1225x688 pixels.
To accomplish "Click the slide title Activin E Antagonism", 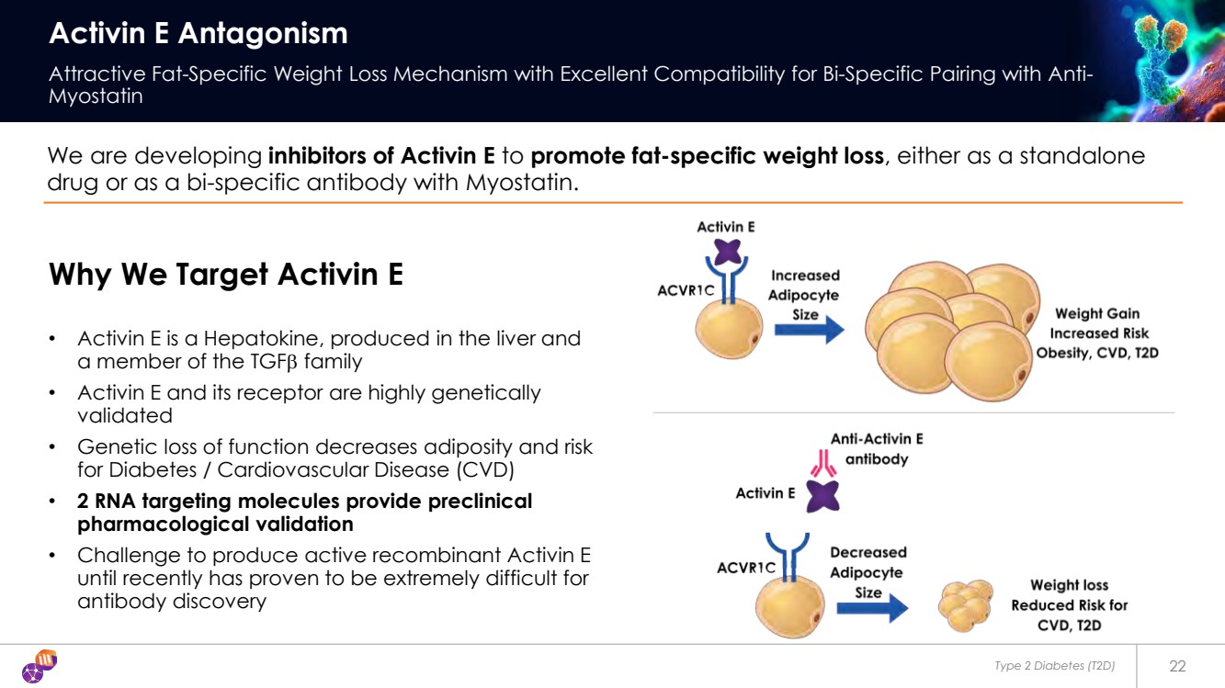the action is coord(198,33).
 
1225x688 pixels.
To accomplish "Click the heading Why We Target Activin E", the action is coord(226,274).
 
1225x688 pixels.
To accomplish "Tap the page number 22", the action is coord(1177,666).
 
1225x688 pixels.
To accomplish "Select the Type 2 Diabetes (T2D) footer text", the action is coord(1054,666).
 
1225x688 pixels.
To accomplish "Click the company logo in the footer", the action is coord(40,666).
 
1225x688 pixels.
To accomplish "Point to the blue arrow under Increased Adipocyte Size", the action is coord(810,330).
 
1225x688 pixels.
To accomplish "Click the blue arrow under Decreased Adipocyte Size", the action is coord(872,608).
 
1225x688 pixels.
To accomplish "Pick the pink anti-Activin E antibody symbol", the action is coord(823,463).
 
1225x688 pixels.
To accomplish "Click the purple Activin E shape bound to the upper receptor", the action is coord(728,252).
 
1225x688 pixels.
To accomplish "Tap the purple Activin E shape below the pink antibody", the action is coord(823,496).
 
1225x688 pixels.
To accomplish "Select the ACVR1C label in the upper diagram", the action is coord(686,290).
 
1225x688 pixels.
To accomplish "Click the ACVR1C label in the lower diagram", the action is coord(746,568).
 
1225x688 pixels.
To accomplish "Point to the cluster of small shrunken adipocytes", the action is coord(966,605).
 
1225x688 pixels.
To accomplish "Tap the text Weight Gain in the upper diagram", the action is coord(1097,313).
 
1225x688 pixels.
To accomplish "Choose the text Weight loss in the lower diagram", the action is coord(1069,585).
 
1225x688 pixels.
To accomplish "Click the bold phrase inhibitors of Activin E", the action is coord(381,156).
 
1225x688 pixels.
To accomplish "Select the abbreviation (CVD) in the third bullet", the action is coord(485,470).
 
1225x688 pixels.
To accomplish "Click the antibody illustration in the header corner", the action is coord(1161,60).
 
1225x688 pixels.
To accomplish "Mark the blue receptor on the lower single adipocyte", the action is coord(788,557).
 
